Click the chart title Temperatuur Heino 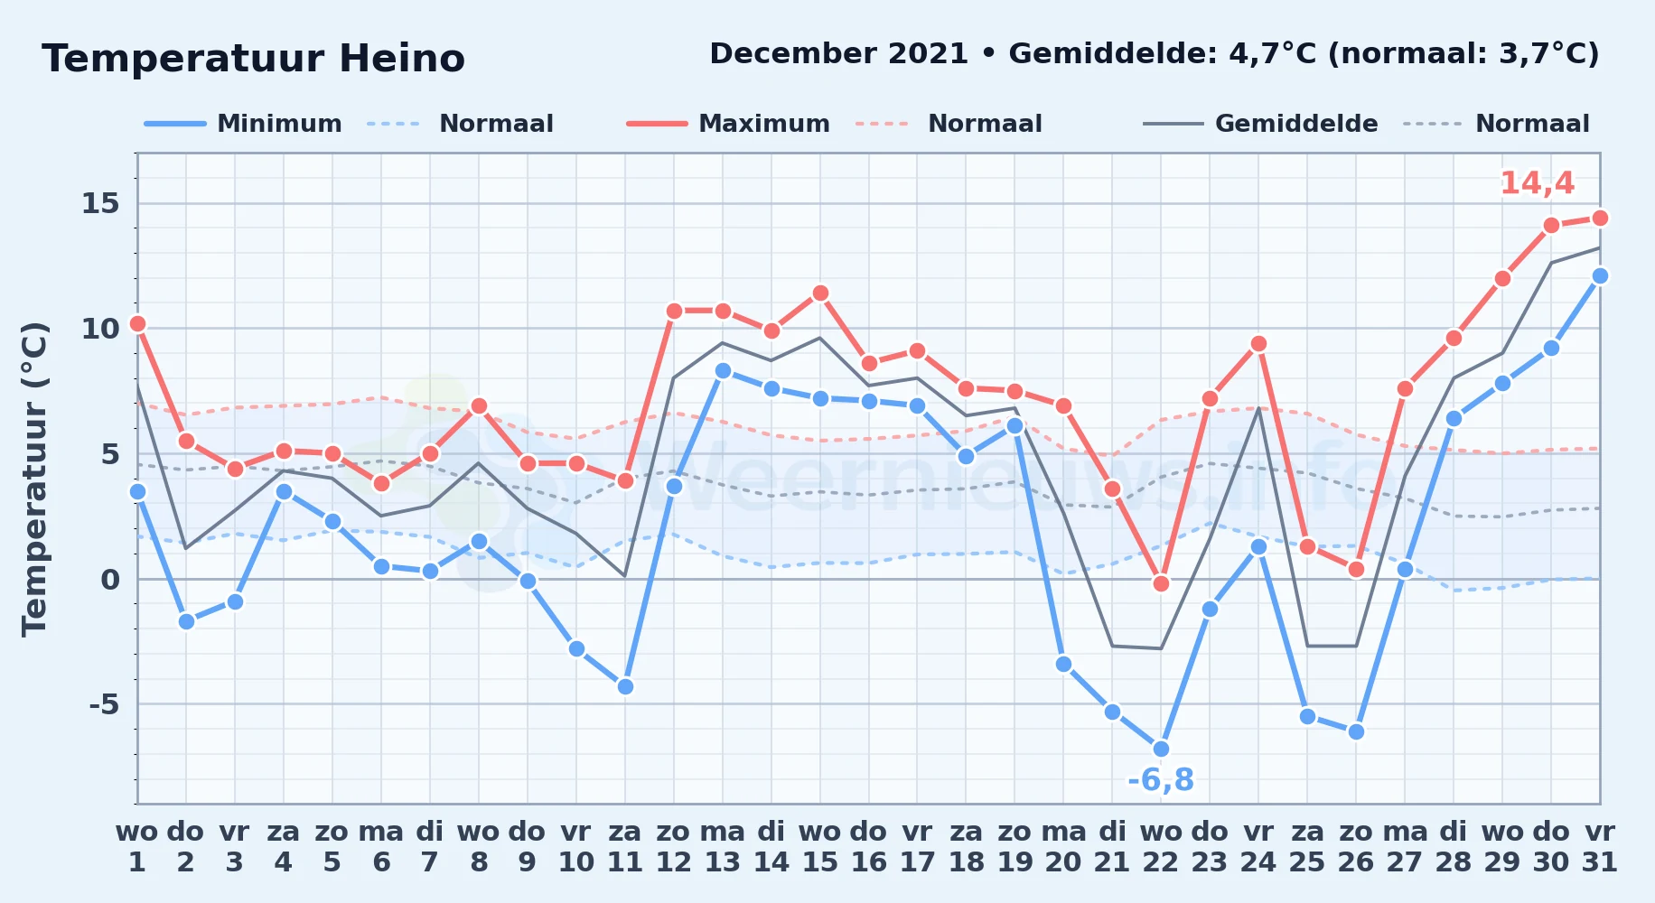click(x=254, y=59)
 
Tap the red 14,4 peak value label click(x=1537, y=183)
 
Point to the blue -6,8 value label click(x=1161, y=779)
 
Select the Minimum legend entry click(x=243, y=124)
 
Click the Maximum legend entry click(x=728, y=124)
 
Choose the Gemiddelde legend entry click(x=1260, y=124)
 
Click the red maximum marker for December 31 click(x=1600, y=218)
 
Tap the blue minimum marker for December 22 click(x=1161, y=749)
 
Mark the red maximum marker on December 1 click(x=137, y=323)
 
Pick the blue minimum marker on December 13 click(x=723, y=370)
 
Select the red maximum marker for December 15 click(x=820, y=293)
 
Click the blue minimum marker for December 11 click(x=625, y=686)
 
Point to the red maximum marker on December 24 click(x=1258, y=343)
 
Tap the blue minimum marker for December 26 click(x=1356, y=731)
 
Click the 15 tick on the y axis click(x=100, y=203)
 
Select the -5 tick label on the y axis click(x=104, y=703)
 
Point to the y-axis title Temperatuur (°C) click(x=34, y=479)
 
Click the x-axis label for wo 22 click(x=1161, y=847)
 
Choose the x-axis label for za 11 click(x=625, y=847)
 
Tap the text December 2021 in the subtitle click(x=838, y=54)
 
